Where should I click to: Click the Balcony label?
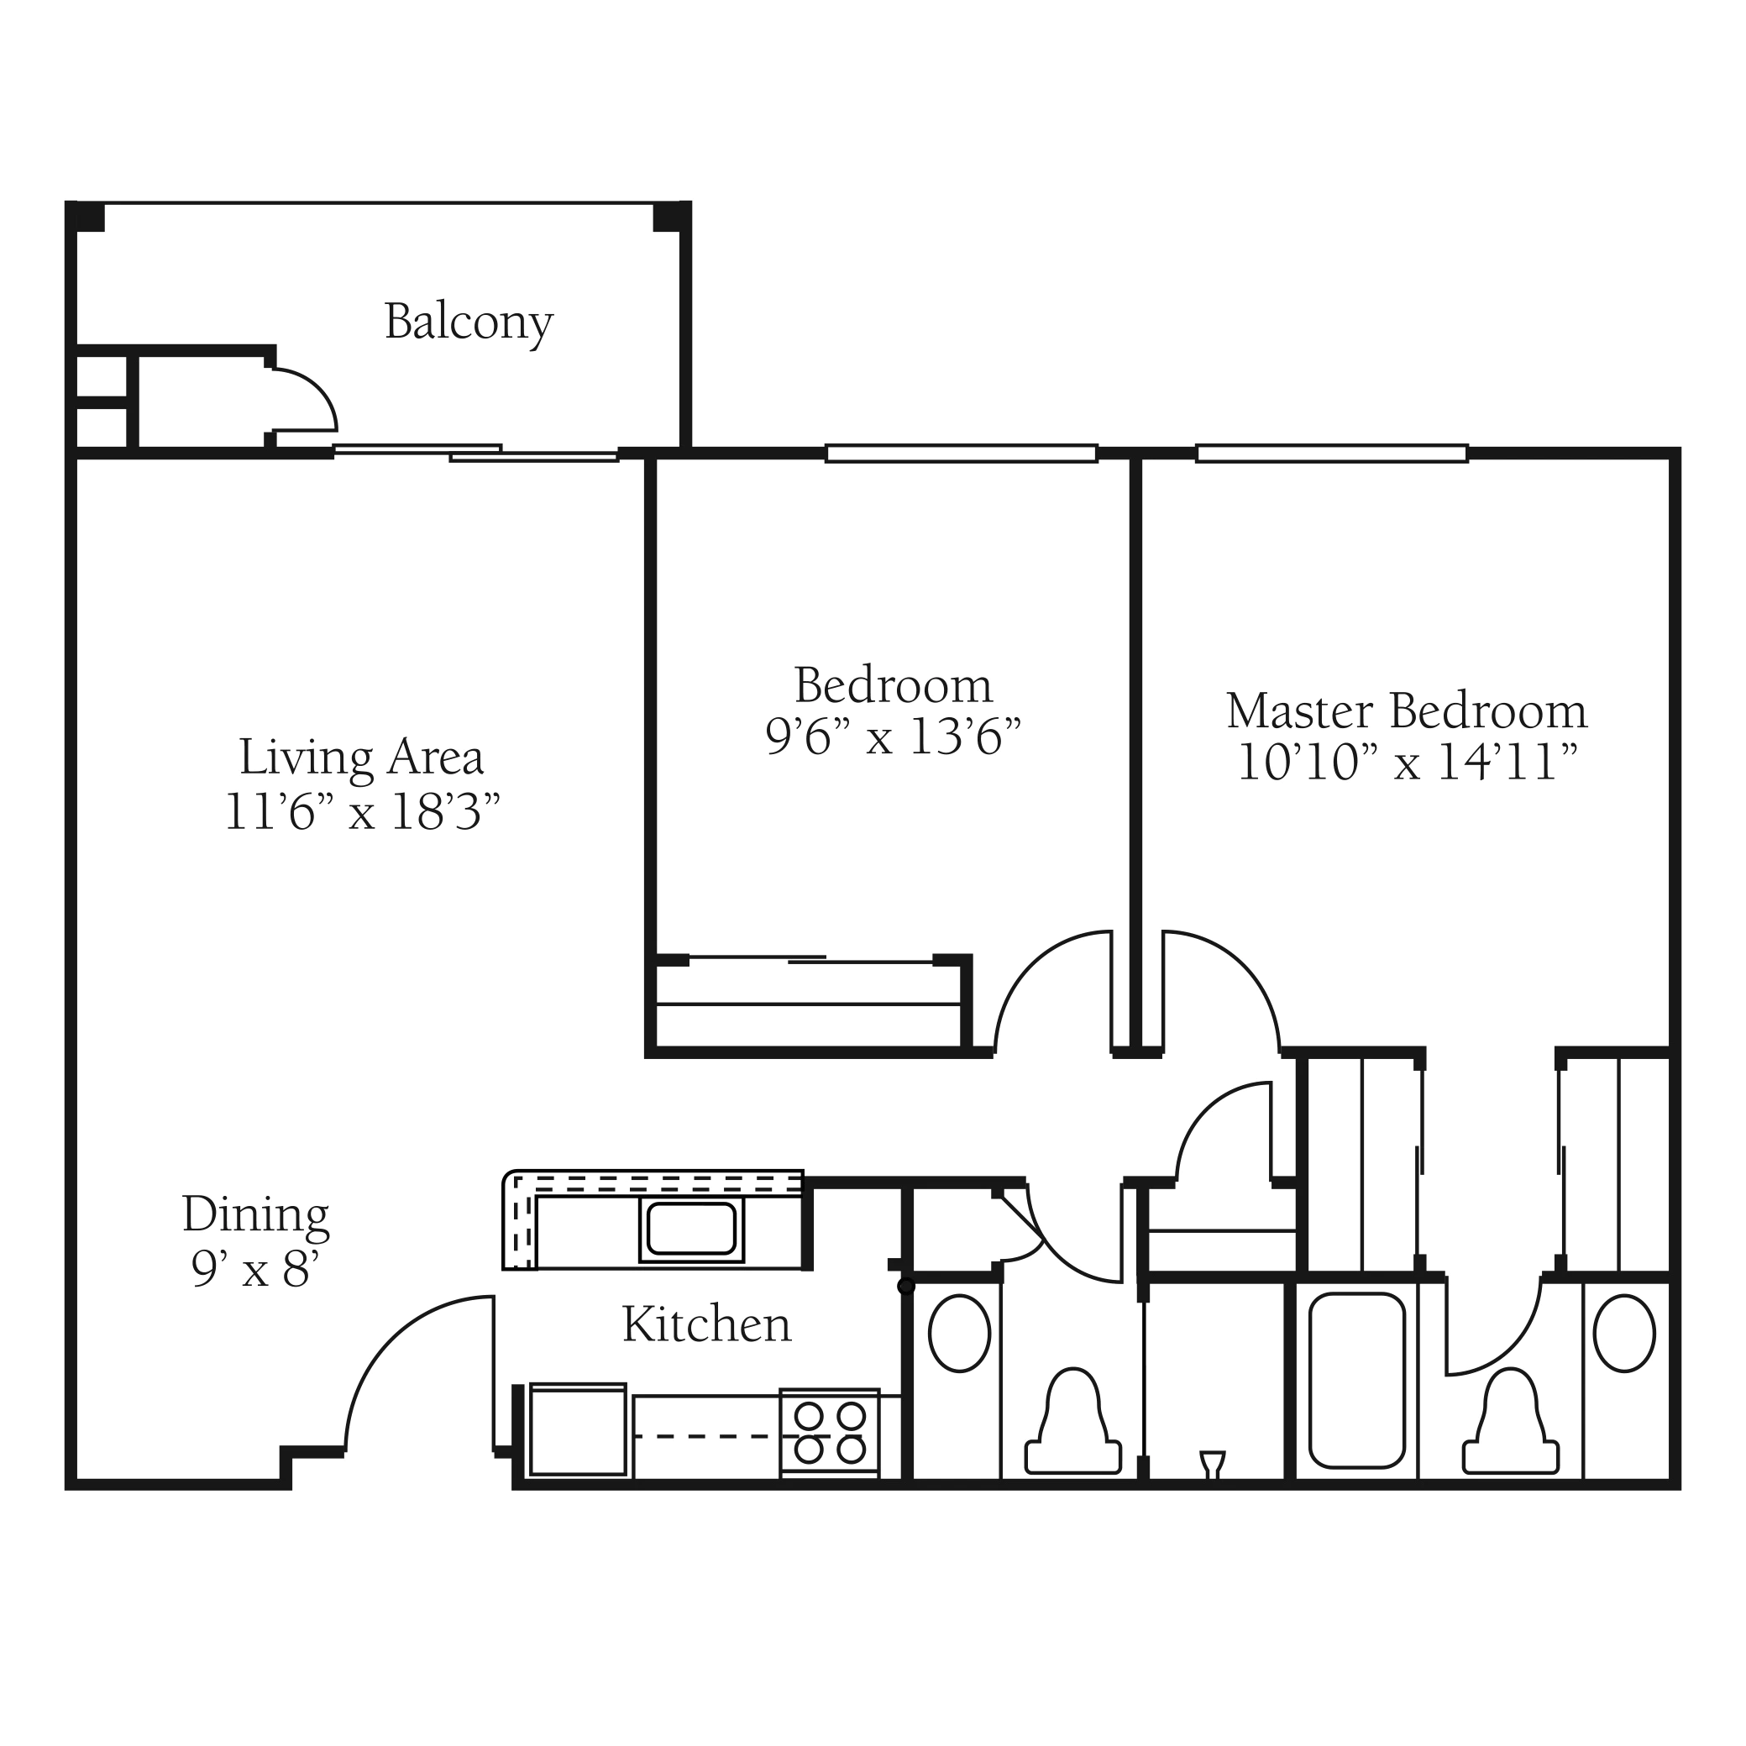468,322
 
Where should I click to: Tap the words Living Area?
361,758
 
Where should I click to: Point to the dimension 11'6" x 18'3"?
361,811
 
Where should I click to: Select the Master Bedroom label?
1406,710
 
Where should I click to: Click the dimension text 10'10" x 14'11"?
1406,762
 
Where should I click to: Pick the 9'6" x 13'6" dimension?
893,737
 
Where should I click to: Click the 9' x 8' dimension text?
256,1269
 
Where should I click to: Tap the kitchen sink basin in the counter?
691,1228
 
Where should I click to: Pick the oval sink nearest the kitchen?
960,1333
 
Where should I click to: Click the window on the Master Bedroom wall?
1331,453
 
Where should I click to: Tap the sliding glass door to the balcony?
475,453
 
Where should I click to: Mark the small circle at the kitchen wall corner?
905,1286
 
